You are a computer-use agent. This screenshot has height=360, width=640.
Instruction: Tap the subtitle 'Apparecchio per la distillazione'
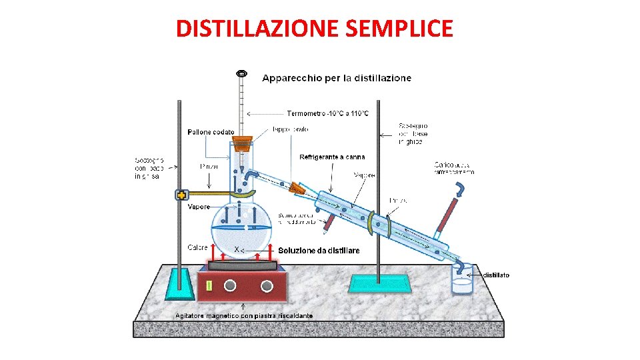(x=337, y=78)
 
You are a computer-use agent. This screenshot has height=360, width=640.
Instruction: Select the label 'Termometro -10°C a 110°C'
(x=327, y=113)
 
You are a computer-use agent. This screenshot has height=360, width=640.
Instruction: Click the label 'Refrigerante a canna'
(x=332, y=157)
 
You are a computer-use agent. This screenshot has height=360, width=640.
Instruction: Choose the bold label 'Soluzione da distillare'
(x=319, y=251)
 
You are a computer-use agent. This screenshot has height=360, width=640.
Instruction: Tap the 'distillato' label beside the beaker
(x=496, y=275)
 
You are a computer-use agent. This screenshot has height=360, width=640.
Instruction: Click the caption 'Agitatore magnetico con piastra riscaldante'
(x=243, y=315)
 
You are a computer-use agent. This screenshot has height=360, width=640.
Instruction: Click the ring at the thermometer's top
(x=241, y=72)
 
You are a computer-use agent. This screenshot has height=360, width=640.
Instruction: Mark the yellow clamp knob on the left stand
(x=181, y=195)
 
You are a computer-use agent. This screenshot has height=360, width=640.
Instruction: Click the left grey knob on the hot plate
(x=230, y=286)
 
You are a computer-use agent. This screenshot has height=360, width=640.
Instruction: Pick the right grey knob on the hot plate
(x=267, y=286)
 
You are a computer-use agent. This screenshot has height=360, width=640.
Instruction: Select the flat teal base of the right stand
(x=379, y=283)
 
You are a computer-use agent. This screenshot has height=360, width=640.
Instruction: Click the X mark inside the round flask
(x=236, y=249)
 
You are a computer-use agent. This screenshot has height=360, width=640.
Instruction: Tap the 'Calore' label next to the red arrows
(x=197, y=247)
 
